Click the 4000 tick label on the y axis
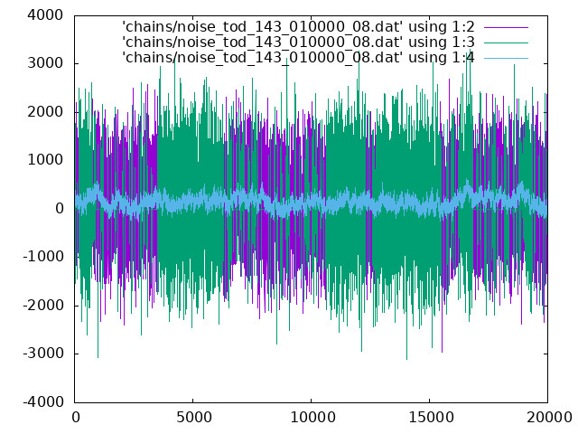pos(45,15)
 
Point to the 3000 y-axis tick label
pos(45,63)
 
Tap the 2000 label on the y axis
pos(45,112)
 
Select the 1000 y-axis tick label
pos(45,160)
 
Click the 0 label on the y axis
pos(60,209)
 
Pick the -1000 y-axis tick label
pos(42,257)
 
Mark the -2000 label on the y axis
pos(42,306)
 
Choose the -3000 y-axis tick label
pos(42,354)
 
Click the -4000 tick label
pos(42,401)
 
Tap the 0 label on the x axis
pos(76,418)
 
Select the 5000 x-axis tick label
pos(194,418)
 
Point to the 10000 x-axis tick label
pos(312,418)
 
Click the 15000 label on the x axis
pos(431,418)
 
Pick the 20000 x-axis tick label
pos(549,418)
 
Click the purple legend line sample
pos(506,27)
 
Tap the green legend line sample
pos(506,42)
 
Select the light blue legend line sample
pos(506,58)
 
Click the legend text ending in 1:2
pos(298,27)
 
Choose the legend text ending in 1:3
pos(298,42)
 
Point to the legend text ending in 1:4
pos(298,58)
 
